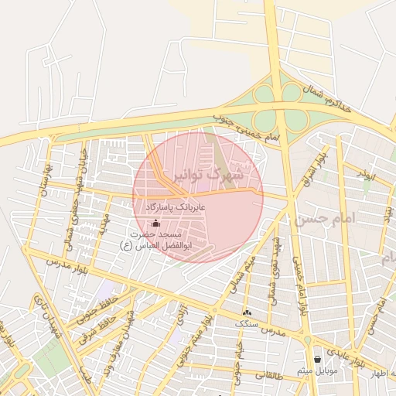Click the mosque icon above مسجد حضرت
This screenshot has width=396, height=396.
[156, 224]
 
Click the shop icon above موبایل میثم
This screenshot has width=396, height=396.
[317, 359]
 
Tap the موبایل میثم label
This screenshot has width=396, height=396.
[316, 370]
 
